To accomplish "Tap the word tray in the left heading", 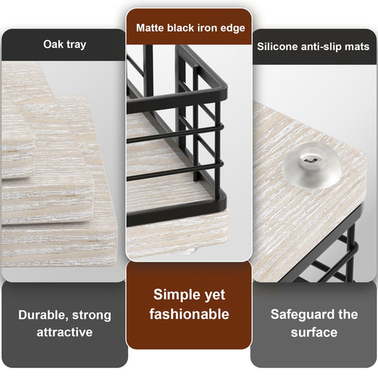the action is [76, 45].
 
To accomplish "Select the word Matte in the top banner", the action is [151, 27].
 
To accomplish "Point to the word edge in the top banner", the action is [232, 28].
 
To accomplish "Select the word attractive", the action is [65, 332].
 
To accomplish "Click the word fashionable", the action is [189, 314].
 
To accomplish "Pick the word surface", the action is [314, 333].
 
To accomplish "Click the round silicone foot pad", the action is [313, 166].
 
